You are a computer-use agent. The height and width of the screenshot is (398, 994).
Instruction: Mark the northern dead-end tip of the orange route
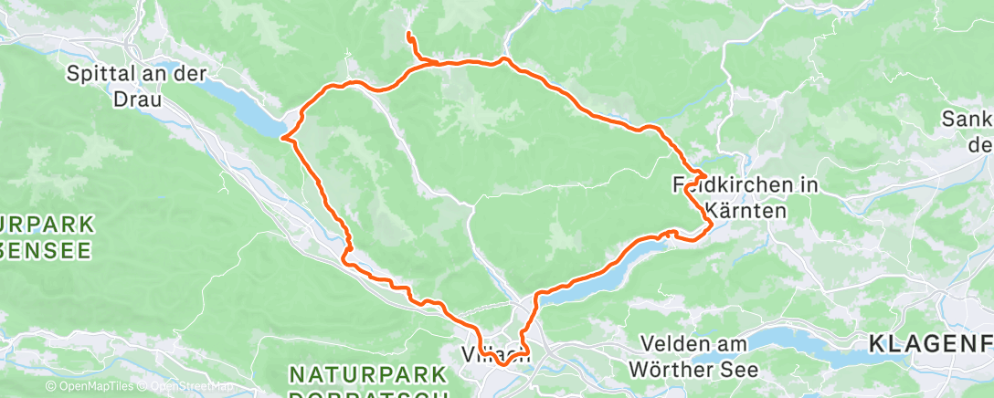coord(407,35)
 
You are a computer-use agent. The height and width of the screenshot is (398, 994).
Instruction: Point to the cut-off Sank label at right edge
coord(967,120)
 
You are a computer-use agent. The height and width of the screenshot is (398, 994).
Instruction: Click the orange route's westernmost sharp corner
coord(284,139)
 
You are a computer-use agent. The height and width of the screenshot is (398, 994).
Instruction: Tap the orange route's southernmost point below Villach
coord(503,365)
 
